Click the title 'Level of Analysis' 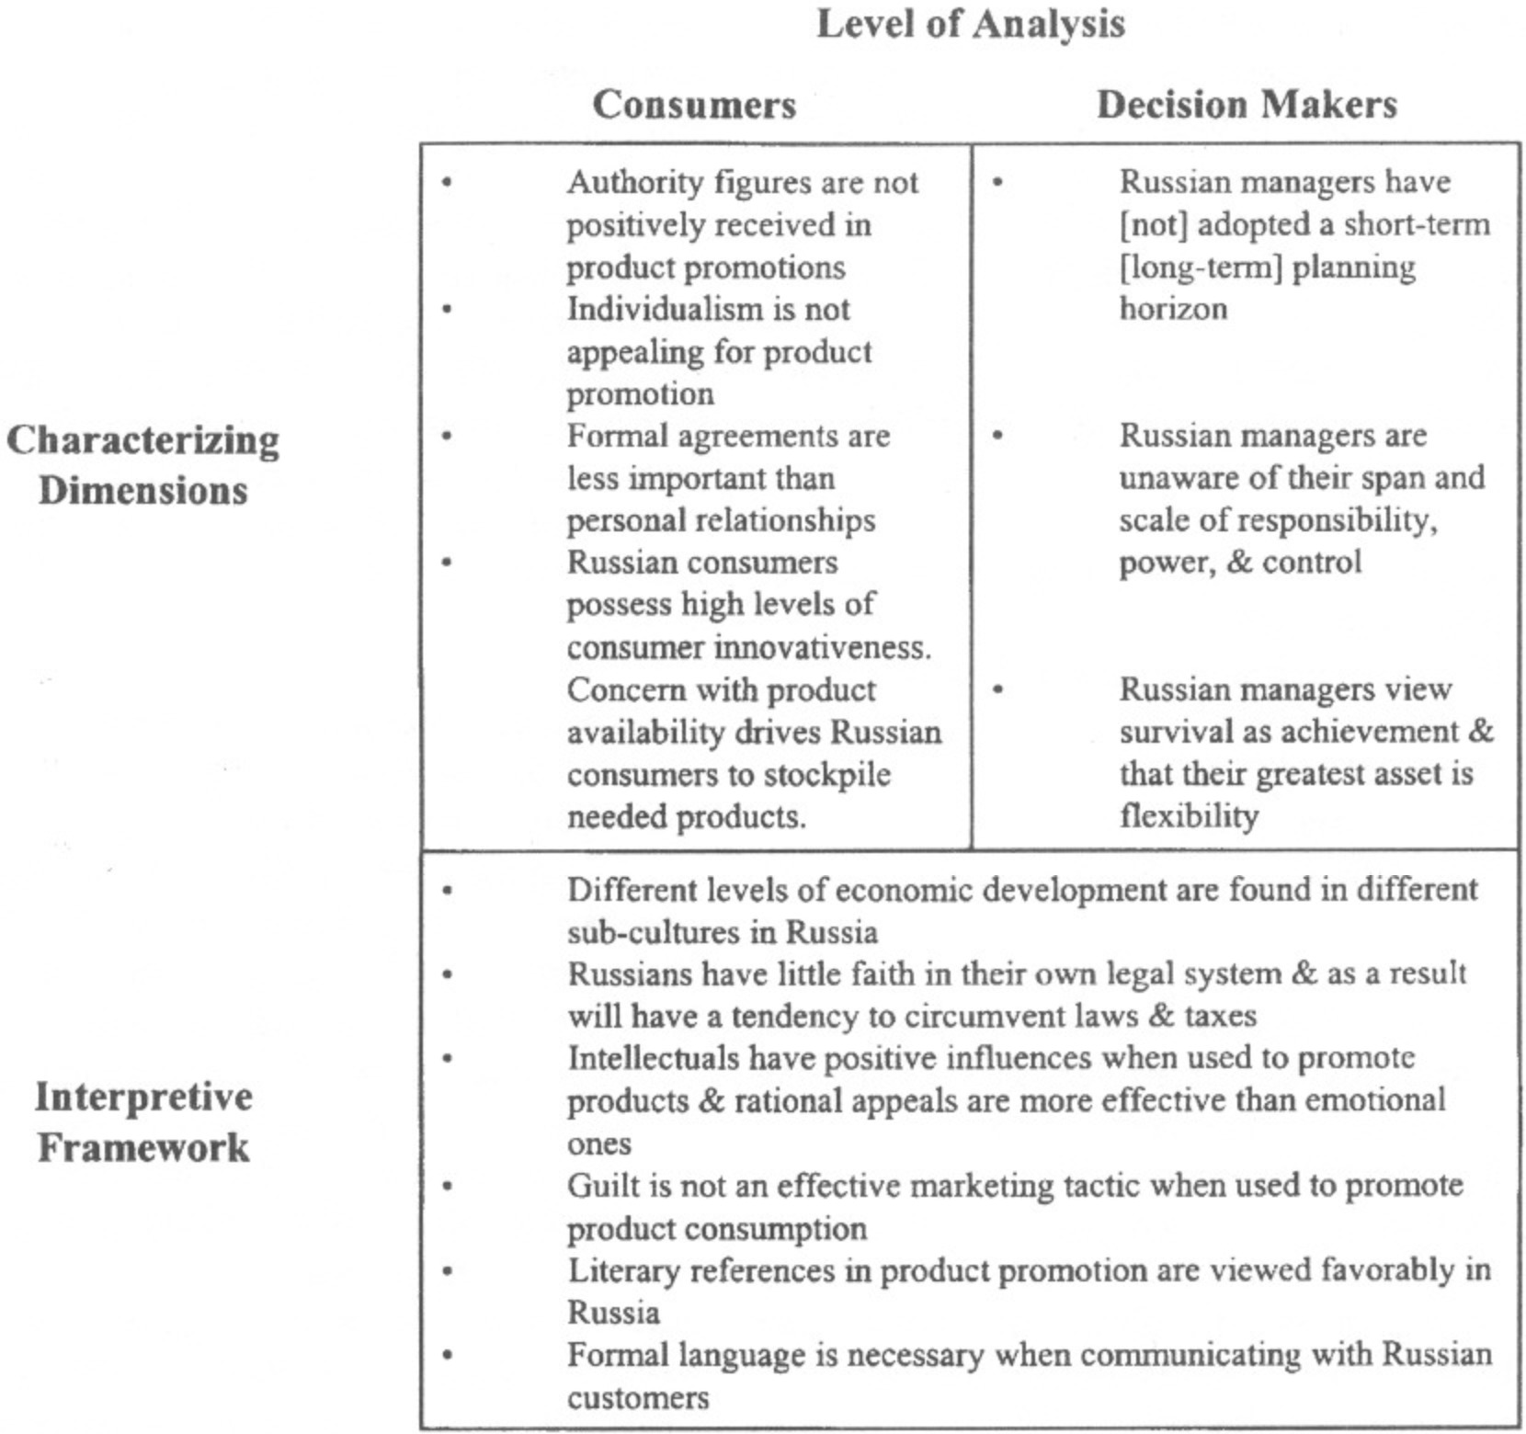pyautogui.click(x=970, y=25)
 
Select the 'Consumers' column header pyautogui.click(x=694, y=105)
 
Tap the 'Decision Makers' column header pyautogui.click(x=1247, y=105)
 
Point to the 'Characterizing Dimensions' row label pyautogui.click(x=142, y=465)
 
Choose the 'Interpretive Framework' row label pyautogui.click(x=143, y=1121)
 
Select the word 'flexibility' pyautogui.click(x=1189, y=816)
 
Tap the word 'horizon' pyautogui.click(x=1173, y=309)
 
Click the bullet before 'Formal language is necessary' pyautogui.click(x=448, y=1354)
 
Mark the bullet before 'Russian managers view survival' pyautogui.click(x=998, y=689)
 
